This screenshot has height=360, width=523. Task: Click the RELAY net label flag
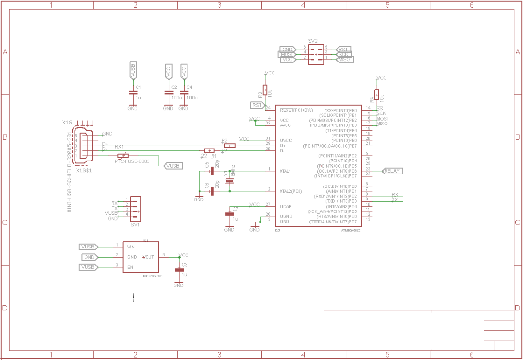pyautogui.click(x=393, y=171)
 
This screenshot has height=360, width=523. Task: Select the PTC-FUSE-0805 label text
pyautogui.click(x=132, y=161)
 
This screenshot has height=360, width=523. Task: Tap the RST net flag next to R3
pyautogui.click(x=257, y=105)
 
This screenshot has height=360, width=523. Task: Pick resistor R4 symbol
pyautogui.click(x=377, y=95)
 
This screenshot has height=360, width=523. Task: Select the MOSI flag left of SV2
pyautogui.click(x=286, y=54)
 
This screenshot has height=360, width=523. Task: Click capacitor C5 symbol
pyautogui.click(x=212, y=171)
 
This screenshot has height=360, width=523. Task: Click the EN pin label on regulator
pyautogui.click(x=130, y=267)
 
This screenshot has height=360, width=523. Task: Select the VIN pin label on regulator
pyautogui.click(x=130, y=247)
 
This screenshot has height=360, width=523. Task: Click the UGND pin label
pyautogui.click(x=286, y=216)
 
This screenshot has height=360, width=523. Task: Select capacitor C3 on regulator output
pyautogui.click(x=179, y=270)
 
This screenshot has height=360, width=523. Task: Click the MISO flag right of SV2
pyautogui.click(x=345, y=59)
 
